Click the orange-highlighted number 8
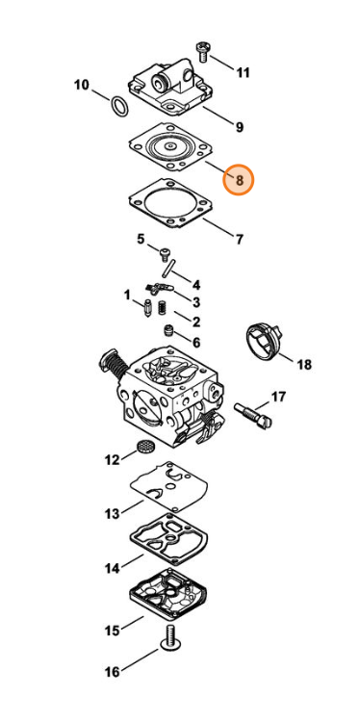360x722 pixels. coord(239,180)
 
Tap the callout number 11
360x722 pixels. coord(243,72)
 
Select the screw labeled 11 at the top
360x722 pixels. coord(201,51)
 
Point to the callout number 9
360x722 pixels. coord(240,127)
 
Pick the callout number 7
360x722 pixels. coord(240,240)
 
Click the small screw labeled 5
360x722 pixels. coord(165,253)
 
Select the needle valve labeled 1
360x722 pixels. coord(148,308)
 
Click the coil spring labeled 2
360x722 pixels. coord(162,307)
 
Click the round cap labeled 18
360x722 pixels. coord(263,340)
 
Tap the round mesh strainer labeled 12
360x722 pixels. coord(145,446)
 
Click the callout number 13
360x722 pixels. coord(113,513)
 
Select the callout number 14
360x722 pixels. coord(113,568)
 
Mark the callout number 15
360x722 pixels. coord(113,631)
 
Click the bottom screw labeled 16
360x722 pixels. coord(169,639)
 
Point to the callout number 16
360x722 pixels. coord(113,672)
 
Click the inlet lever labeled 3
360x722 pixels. coord(159,289)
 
